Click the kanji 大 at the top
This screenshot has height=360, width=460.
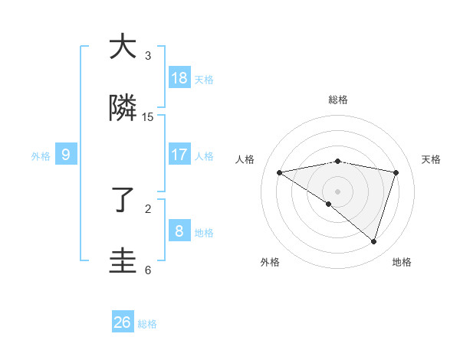(x=123, y=47)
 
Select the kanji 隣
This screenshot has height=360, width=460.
(x=123, y=109)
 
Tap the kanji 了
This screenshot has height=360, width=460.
(x=123, y=201)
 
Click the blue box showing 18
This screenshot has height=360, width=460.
(x=179, y=78)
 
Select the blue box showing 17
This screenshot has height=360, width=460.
(x=179, y=154)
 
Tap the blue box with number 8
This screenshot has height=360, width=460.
(x=179, y=231)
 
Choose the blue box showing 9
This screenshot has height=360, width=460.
(x=66, y=155)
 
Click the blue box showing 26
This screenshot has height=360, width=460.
(x=123, y=322)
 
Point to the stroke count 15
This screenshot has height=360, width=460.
(x=148, y=117)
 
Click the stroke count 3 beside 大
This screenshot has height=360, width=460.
(x=148, y=56)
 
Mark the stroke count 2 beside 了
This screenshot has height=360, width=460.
(x=148, y=208)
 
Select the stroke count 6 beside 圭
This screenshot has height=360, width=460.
(x=148, y=270)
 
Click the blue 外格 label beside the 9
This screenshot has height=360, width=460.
(x=41, y=155)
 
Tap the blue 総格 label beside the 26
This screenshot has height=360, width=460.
(x=147, y=324)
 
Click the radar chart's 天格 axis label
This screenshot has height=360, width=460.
(x=432, y=159)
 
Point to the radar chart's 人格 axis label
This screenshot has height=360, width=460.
(x=245, y=159)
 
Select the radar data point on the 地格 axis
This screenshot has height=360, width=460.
(x=374, y=241)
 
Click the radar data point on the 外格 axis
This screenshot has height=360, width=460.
(x=329, y=204)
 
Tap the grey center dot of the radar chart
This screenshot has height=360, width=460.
(x=338, y=191)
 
